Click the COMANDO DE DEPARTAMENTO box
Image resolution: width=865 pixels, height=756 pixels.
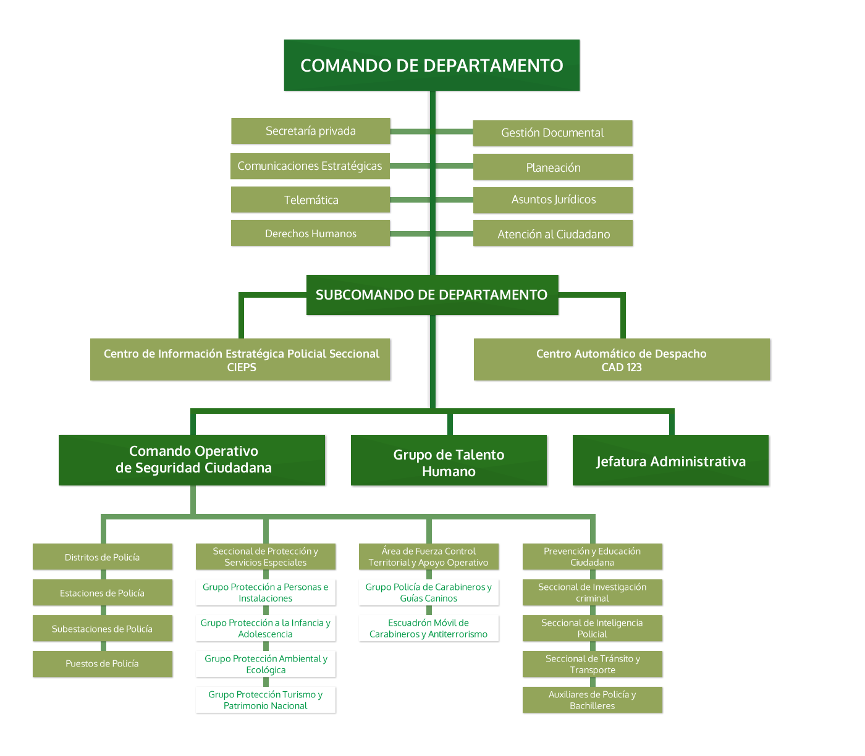[431, 65]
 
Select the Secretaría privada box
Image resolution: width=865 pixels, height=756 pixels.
[310, 131]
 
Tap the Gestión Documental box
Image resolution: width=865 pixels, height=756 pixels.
[552, 133]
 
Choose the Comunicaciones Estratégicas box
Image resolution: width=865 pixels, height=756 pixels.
[310, 166]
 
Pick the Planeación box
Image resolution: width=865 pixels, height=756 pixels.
[553, 167]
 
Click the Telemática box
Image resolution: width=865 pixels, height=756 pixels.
[311, 200]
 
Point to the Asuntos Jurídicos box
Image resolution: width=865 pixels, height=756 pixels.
[553, 199]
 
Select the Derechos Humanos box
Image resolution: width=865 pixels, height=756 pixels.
[310, 233]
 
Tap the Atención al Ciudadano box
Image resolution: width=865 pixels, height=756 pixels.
[553, 234]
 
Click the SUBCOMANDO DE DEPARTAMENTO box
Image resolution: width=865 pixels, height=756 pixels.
[431, 295]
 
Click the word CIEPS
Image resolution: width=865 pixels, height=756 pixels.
[241, 367]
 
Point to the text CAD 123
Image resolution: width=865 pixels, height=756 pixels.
[622, 367]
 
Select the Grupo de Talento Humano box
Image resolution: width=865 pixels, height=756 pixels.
[449, 463]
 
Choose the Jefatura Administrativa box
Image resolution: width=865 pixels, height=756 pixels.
[670, 461]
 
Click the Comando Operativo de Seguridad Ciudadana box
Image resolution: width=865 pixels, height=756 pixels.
[193, 460]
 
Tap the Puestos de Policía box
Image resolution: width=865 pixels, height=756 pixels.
[102, 664]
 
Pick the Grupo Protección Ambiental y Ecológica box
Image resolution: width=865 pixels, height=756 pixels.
[266, 664]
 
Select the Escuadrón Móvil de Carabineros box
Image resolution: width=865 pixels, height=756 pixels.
[428, 628]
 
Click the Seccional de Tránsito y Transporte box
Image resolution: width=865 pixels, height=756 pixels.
[592, 664]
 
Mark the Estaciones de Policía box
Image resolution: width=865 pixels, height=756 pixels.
[102, 593]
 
